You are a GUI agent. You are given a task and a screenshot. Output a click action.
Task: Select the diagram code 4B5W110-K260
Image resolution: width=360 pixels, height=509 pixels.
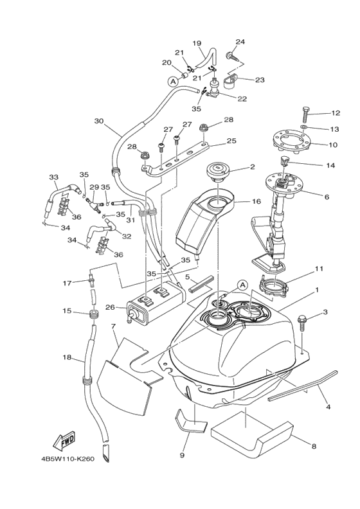pos(67,459)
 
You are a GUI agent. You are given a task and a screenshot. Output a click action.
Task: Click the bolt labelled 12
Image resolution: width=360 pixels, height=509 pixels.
pos(306,114)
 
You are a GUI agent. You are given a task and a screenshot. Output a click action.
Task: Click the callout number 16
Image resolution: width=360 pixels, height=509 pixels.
pos(256,202)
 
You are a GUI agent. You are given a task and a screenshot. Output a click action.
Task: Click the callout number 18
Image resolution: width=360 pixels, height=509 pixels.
pos(67,357)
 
